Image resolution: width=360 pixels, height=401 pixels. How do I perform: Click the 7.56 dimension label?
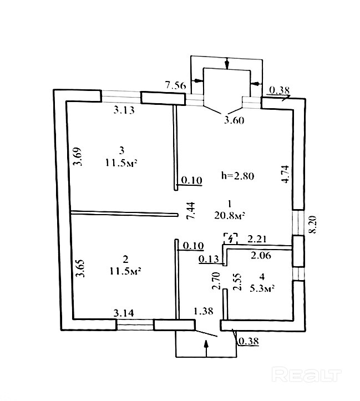175,85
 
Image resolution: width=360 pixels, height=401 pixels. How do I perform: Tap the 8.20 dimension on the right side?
312,225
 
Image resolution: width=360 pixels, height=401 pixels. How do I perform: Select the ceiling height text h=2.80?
237,176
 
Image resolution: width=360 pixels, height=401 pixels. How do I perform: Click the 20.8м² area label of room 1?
230,216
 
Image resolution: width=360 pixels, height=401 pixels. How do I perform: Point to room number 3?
121,150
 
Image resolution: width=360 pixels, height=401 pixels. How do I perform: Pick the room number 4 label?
262,277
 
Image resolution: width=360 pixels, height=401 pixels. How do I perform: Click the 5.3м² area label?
262,288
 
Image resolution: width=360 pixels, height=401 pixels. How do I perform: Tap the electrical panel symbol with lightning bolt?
231,238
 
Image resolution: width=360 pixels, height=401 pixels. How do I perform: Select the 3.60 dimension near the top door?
234,120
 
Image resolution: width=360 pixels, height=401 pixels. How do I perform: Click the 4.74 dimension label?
285,174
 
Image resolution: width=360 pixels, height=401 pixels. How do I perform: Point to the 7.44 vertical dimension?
191,210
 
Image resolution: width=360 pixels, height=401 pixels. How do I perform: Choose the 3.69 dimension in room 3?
78,156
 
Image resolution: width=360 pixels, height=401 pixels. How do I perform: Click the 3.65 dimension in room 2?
80,268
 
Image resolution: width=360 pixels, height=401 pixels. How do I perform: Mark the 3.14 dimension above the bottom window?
124,313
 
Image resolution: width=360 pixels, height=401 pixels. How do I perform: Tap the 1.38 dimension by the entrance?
204,311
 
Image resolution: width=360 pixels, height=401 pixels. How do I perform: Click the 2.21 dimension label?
257,239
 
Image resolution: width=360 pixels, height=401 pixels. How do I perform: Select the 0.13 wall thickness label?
209,259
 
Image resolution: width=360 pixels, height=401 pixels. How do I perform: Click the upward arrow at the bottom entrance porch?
206,348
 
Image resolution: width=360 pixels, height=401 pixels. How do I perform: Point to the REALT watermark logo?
306,375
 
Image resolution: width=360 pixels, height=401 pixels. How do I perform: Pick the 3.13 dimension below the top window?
124,110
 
